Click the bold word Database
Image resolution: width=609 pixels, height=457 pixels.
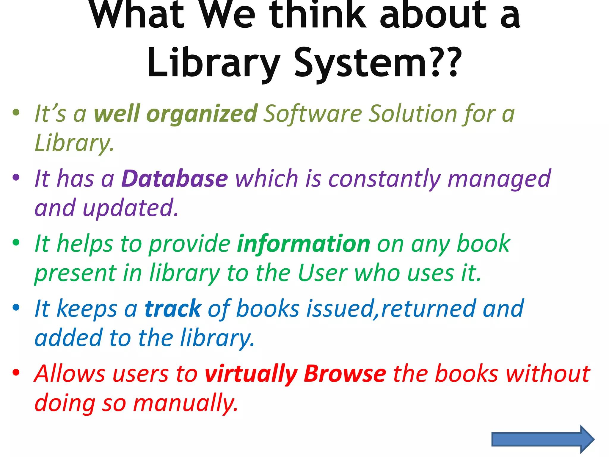click(x=175, y=179)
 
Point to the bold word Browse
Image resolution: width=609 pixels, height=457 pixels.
click(x=345, y=374)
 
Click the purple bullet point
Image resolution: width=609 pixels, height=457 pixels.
click(x=16, y=178)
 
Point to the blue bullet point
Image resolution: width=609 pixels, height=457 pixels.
click(x=16, y=307)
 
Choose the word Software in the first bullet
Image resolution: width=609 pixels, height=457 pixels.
click(x=313, y=114)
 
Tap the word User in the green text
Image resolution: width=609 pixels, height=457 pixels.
click(x=322, y=273)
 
